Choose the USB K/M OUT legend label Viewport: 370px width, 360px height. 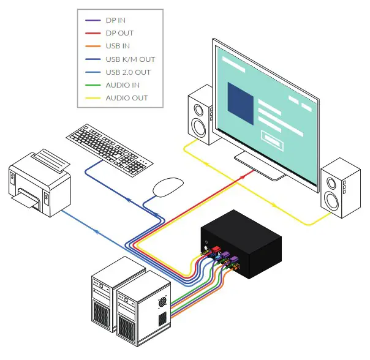130,59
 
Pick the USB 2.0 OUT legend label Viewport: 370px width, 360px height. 128,72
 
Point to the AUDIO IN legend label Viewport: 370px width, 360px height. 123,85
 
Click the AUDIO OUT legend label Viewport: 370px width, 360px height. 126,98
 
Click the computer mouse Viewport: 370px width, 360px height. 167,186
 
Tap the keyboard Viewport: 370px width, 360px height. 109,148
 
